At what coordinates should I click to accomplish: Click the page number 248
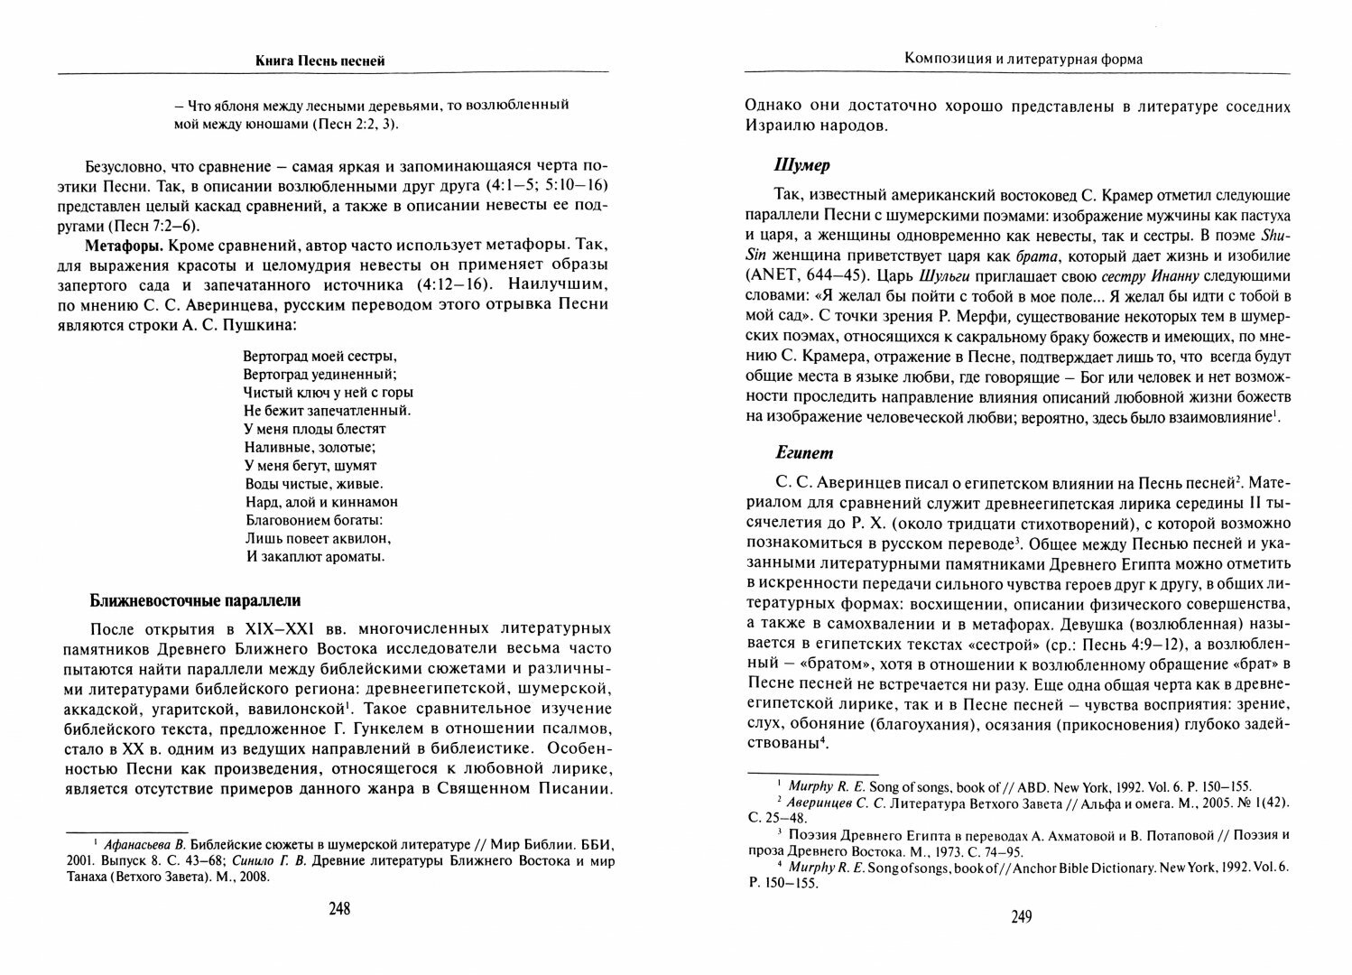[x=338, y=909]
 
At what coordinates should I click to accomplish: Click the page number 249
[x=1020, y=917]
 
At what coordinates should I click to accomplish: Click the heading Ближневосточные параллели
[x=194, y=600]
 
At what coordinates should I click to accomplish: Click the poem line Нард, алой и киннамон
[x=321, y=502]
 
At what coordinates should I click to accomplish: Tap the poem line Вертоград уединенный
[x=320, y=374]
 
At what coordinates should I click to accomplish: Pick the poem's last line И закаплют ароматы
[x=315, y=556]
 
